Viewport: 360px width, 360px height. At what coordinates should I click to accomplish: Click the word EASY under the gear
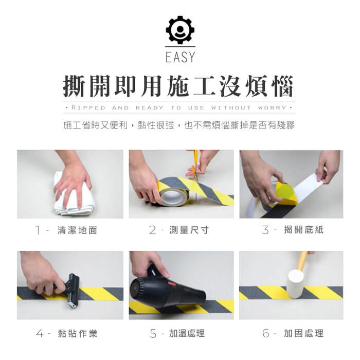coord(180,57)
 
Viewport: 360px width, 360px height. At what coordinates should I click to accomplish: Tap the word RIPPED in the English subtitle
coord(88,107)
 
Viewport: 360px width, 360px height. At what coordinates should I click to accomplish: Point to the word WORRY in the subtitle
coord(272,107)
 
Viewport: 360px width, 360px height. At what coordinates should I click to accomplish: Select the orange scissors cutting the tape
coord(195,165)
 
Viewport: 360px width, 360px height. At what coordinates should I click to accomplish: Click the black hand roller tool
coord(71,290)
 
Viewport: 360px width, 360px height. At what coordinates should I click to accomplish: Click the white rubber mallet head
coord(296,284)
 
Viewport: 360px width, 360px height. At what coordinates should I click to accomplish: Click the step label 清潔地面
coord(77,230)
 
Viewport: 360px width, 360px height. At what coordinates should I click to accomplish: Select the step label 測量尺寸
coord(189,230)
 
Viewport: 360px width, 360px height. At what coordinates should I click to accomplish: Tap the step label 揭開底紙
coord(304,229)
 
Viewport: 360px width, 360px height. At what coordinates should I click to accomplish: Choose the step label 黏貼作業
coord(78,334)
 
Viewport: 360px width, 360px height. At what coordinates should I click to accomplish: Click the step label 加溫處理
coord(187,333)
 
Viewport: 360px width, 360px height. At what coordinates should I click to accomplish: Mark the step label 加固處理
coord(304,333)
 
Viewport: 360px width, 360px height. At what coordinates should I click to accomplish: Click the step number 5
coord(153,334)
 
